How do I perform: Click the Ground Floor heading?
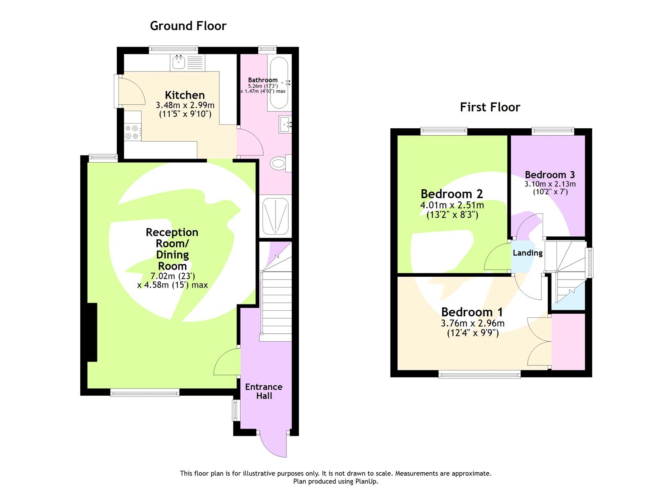coord(188,26)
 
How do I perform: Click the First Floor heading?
coord(490,107)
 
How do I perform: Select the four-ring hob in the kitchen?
coord(132,132)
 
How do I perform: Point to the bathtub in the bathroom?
coord(278,83)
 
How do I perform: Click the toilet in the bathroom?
coord(279,163)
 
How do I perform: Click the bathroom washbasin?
coord(286,124)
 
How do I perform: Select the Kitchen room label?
coord(185,95)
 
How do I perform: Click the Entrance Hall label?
coord(264,391)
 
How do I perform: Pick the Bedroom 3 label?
coord(550,174)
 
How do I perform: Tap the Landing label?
coord(528,253)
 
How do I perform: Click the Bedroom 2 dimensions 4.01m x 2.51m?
coord(452,205)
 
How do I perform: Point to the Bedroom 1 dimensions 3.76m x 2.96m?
coord(472,323)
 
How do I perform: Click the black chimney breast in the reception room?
coord(92,332)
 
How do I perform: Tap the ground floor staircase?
coord(276,303)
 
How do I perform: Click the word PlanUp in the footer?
coord(366,481)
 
